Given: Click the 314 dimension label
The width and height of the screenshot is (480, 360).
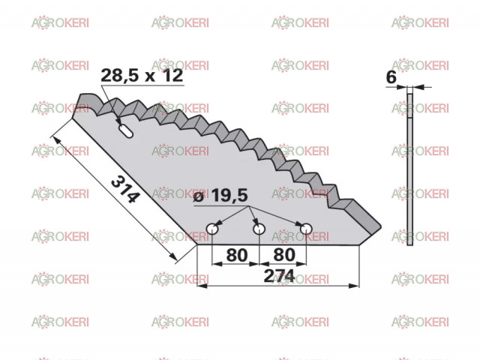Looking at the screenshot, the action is pos(125,190).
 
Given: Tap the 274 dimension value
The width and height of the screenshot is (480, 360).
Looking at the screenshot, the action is pos(279,276).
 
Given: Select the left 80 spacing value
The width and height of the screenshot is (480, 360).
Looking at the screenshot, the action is pos(237,255).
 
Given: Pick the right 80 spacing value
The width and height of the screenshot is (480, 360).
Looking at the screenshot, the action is pos(284,255).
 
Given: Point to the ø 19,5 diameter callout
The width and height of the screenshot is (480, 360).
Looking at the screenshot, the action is pos(220,195).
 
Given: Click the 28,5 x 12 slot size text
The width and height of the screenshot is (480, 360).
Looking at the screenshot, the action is pos(142,75).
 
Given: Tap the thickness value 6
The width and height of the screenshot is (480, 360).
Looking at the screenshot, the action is pos(391,77).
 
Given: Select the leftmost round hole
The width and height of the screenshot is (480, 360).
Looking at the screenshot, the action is pos(211,229).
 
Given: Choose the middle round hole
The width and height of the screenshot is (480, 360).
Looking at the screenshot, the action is pos(259,229).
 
